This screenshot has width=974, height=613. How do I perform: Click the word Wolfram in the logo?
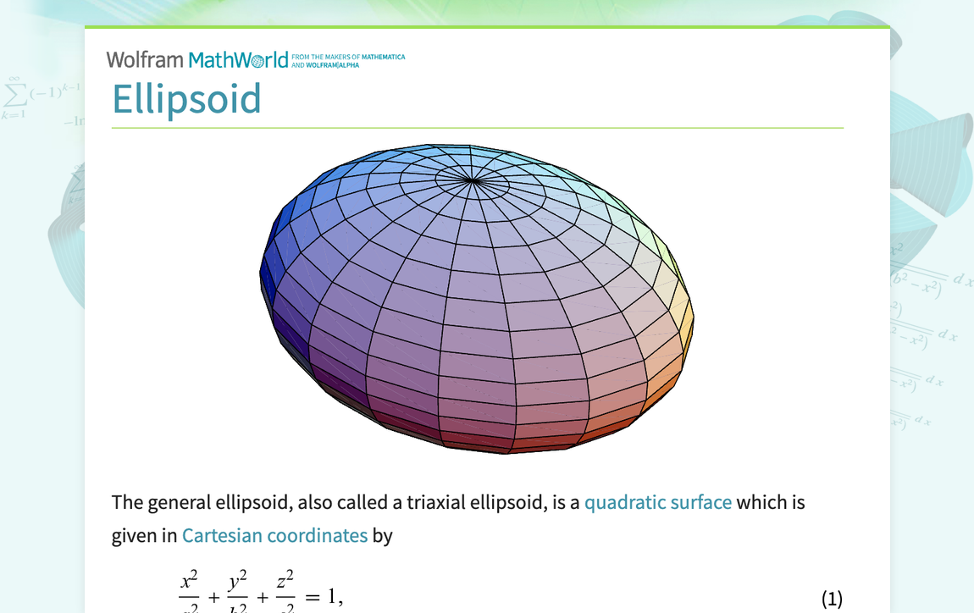pos(145,60)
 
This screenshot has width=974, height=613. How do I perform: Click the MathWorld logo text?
pos(238,60)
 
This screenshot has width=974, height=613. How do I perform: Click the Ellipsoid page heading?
pos(186,99)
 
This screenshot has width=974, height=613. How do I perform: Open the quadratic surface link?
pos(657,502)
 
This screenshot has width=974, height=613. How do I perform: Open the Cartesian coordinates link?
pos(274,535)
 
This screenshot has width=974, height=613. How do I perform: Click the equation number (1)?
pos(832,599)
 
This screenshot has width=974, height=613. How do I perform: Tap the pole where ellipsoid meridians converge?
pos(472,180)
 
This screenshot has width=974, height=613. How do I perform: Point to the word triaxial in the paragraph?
pos(437,502)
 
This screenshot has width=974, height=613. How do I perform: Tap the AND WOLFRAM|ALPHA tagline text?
pos(325,65)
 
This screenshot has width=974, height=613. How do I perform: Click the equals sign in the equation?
pos(313,598)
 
